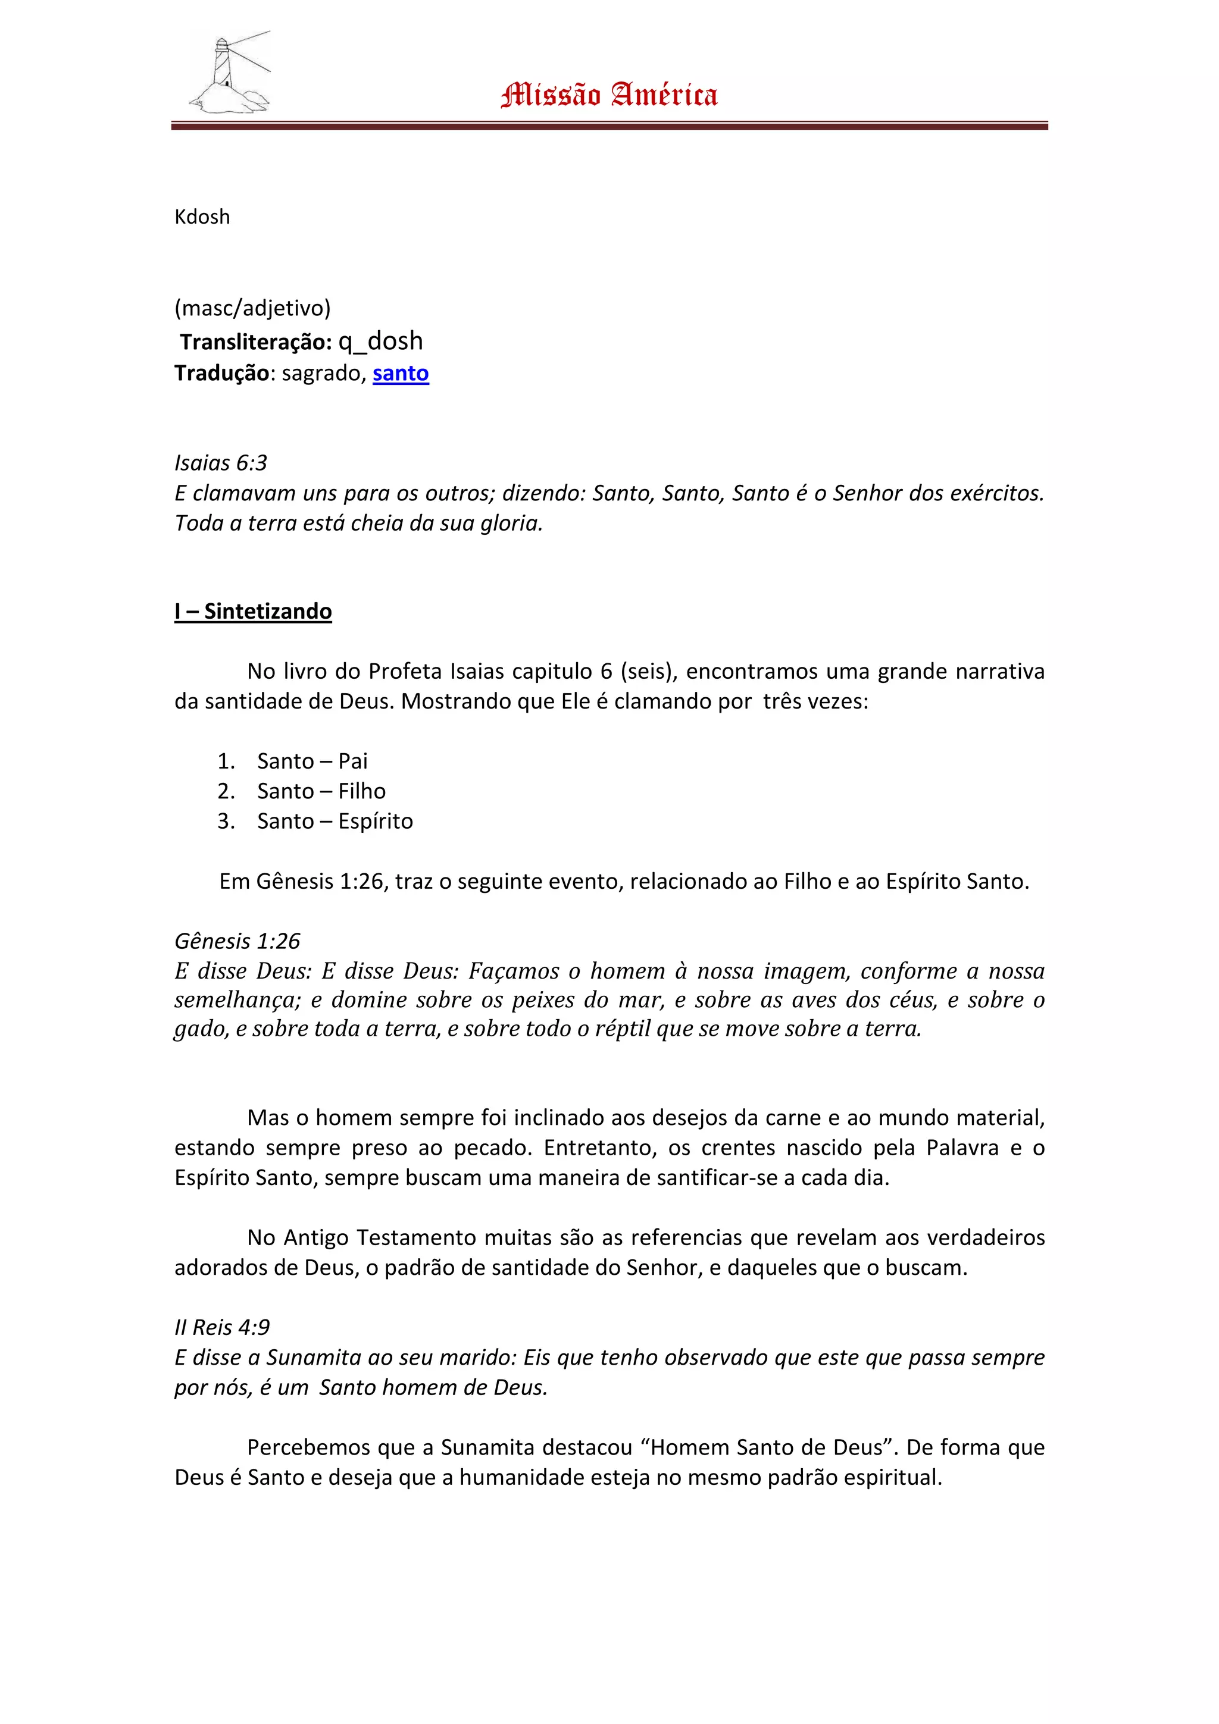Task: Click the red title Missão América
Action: pos(609,95)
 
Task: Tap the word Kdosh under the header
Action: pos(202,217)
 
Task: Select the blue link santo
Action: pos(401,373)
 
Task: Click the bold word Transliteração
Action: pos(255,343)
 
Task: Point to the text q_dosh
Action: pos(380,341)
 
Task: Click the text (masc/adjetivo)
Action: pos(252,308)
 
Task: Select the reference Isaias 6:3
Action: pos(221,463)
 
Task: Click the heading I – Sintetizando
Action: pos(253,611)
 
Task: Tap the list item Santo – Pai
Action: pos(312,761)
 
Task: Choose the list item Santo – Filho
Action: pos(321,791)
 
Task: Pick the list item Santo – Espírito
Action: pos(335,821)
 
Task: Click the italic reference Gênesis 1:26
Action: pos(237,941)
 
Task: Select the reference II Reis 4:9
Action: pos(223,1328)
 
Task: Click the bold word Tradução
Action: pos(221,373)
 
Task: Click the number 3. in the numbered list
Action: pos(226,821)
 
